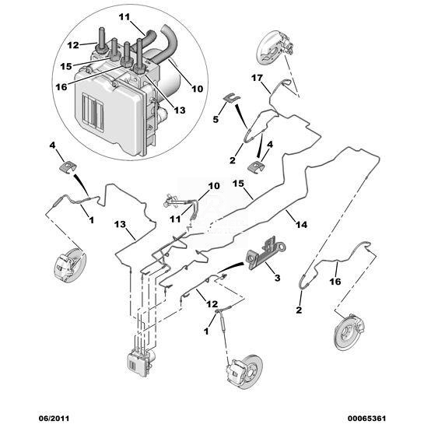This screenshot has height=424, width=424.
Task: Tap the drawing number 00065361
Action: [x=365, y=418]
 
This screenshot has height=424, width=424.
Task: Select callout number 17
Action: [x=257, y=78]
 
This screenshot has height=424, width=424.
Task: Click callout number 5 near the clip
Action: [x=216, y=119]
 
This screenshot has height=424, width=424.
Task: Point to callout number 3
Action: [x=277, y=278]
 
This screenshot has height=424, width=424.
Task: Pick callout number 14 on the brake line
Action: [x=301, y=224]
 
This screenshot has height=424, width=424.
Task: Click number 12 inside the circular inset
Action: [x=72, y=45]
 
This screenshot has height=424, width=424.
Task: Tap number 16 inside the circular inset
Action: [x=61, y=87]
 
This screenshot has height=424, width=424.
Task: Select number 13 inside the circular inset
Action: [x=180, y=110]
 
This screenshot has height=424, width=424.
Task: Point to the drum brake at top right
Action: [x=275, y=49]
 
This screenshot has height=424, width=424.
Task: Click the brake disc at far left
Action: [x=70, y=266]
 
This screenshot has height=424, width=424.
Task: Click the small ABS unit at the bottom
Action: [x=141, y=363]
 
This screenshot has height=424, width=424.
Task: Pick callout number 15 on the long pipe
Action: [x=238, y=184]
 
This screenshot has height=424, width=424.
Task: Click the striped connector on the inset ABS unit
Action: [x=93, y=112]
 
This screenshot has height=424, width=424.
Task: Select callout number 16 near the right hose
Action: [x=335, y=282]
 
